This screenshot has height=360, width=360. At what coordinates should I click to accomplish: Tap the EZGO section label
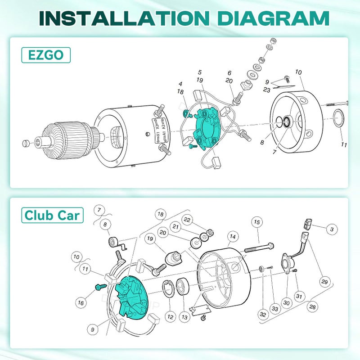pos(45,55)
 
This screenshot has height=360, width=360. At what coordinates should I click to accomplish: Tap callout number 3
pos(332,229)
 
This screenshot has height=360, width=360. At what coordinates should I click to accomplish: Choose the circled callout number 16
pos(81,303)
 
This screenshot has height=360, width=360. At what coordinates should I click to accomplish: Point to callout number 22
pos(187,219)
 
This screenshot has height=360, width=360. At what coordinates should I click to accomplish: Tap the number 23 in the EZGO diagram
pos(266,90)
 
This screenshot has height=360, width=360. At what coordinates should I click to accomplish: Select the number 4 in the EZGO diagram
pos(180,84)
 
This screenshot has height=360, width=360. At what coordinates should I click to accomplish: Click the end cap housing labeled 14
pos(225,279)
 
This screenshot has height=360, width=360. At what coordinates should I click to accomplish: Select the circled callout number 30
pos(287,303)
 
